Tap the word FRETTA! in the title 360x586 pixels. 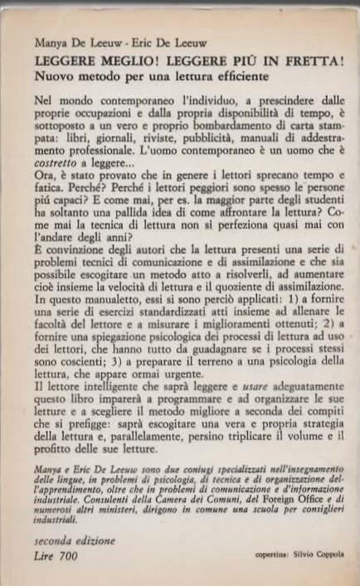[314, 63]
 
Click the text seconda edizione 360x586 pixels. [72, 540]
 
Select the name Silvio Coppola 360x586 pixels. [307, 554]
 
